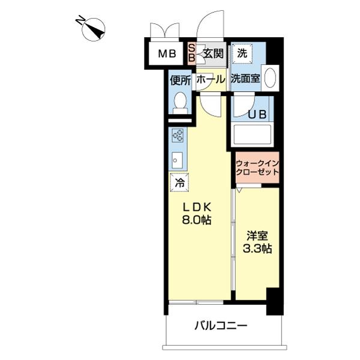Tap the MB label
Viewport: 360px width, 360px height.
coord(167,54)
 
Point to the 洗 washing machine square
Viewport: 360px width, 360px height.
coord(242,53)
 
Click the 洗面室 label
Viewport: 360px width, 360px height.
coord(245,78)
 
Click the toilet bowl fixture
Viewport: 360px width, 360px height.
coord(179,104)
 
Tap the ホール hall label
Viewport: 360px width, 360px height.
coord(211,79)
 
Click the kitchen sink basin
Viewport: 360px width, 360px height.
coord(177,160)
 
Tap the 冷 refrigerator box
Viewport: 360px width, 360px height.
coord(179,182)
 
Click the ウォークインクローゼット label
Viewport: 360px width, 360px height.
coord(257,167)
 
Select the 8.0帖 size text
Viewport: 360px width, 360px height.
coord(197,220)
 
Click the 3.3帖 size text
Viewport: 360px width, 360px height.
coord(257,248)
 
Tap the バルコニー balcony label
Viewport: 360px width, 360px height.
coord(221,326)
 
